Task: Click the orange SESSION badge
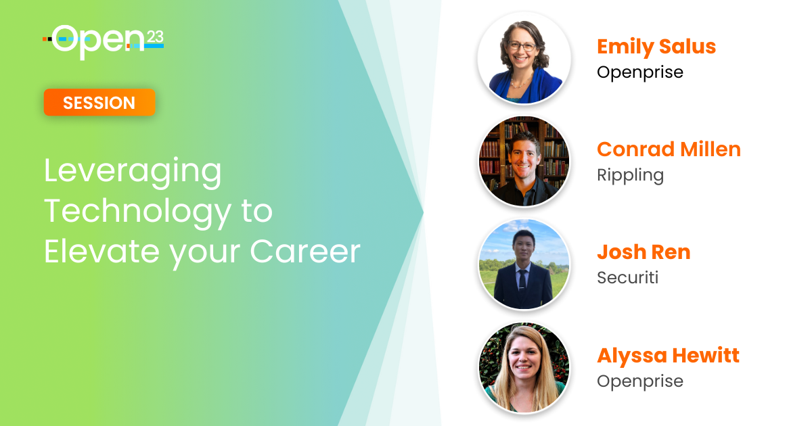(x=99, y=103)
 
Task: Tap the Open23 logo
(x=104, y=42)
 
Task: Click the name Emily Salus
(x=656, y=47)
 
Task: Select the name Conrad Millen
(x=669, y=149)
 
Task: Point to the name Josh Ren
(x=644, y=252)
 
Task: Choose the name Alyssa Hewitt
(x=668, y=356)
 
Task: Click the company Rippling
(x=631, y=176)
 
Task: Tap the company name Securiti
(x=627, y=278)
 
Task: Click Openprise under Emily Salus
(x=640, y=73)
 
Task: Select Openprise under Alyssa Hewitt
(x=640, y=382)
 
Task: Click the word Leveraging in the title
(x=133, y=172)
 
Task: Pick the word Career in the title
(x=305, y=252)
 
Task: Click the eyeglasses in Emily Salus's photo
(x=522, y=47)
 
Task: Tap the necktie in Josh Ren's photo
(x=522, y=280)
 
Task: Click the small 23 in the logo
(x=155, y=37)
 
